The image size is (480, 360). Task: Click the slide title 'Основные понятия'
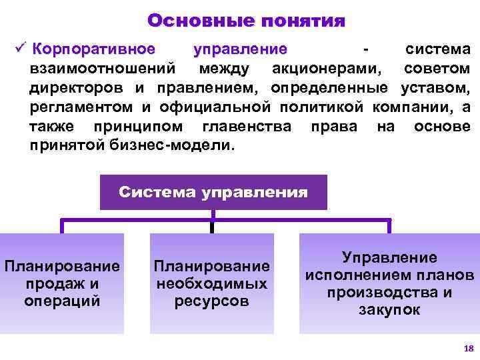coord(246,21)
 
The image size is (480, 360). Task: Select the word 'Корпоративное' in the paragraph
coord(94,49)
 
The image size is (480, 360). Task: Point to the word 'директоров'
coord(75,88)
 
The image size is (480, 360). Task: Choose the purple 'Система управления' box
coord(213,192)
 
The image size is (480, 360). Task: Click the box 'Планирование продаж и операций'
coord(62,283)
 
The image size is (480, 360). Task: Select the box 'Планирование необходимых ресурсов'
coord(212,283)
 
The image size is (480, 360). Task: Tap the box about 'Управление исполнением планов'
coord(389,283)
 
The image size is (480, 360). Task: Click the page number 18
coord(467,349)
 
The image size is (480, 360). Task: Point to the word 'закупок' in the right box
coord(389,309)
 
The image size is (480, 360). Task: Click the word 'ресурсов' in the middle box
coord(212,301)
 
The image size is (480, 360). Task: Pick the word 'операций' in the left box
coord(62,300)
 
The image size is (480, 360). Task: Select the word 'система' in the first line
coord(437,49)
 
